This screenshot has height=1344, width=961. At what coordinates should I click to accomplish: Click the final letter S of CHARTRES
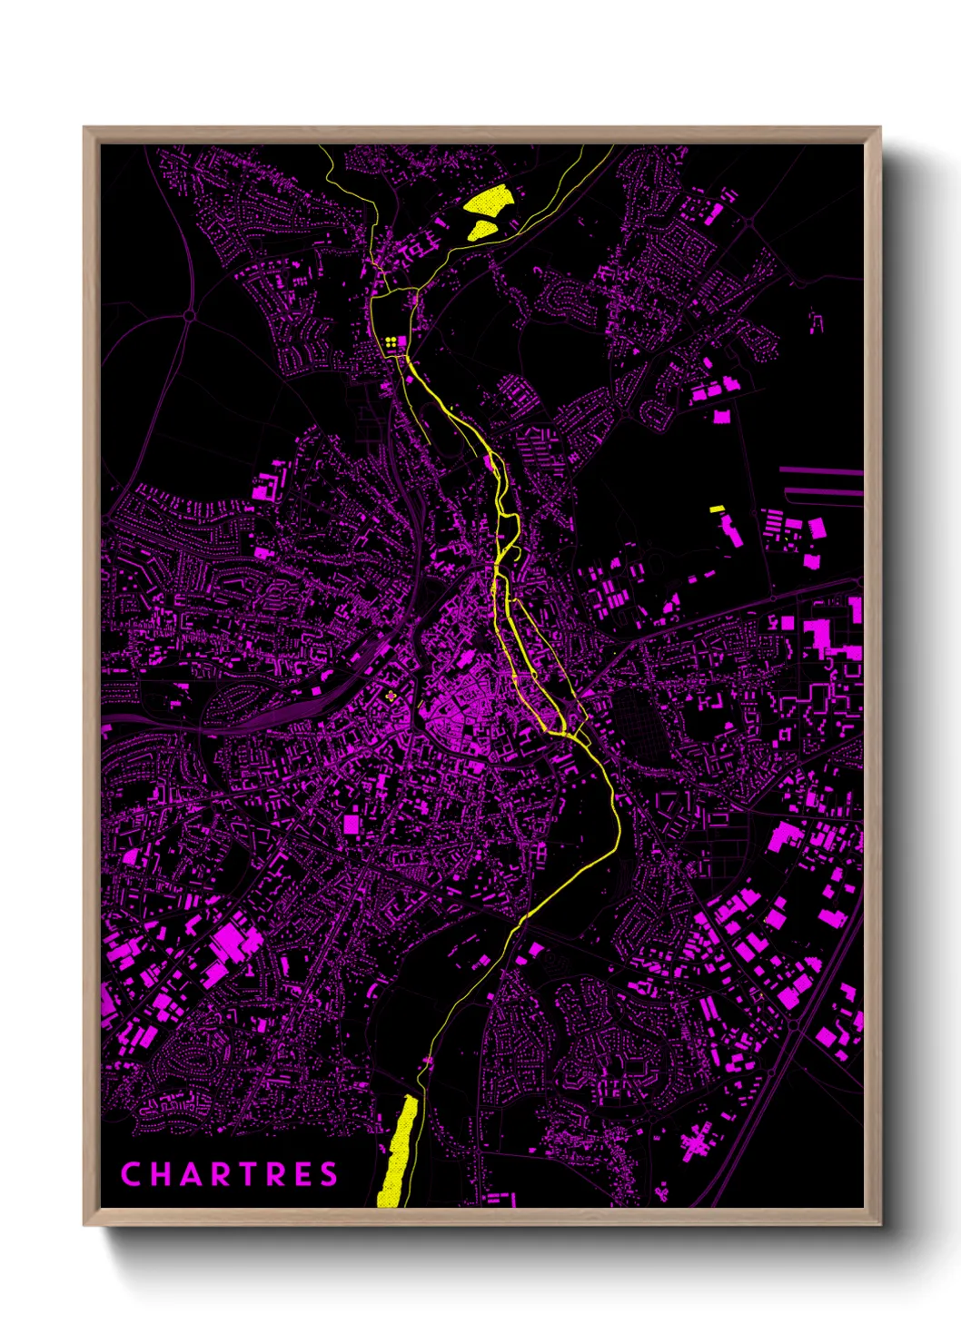pos(329,1174)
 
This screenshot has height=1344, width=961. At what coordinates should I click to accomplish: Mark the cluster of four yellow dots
pos(391,342)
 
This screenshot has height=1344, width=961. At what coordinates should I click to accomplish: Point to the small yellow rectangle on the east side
pos(717,509)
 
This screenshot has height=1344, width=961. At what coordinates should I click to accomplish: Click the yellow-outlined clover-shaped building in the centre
pos(391,697)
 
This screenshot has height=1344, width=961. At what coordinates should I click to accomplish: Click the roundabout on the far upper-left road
pos(189,315)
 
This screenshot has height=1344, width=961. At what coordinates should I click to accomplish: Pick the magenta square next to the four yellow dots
pos(402,341)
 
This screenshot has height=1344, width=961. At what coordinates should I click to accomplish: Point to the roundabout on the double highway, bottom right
pos(794,1024)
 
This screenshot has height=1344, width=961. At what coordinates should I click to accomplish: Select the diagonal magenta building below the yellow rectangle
pos(732,531)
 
